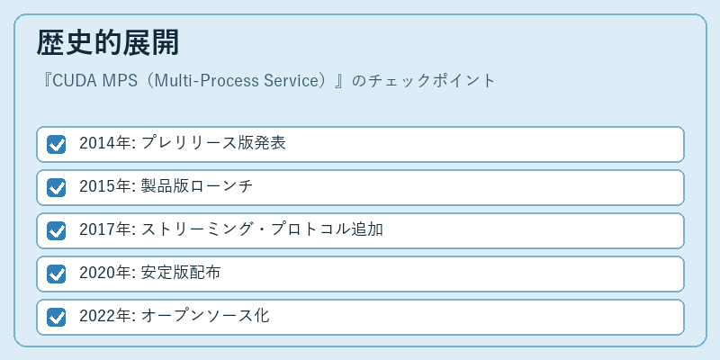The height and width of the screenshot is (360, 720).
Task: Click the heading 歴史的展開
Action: pyautogui.click(x=107, y=43)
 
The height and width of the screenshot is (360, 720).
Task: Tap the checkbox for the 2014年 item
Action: pyautogui.click(x=56, y=144)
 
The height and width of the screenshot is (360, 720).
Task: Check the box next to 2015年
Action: pyautogui.click(x=56, y=187)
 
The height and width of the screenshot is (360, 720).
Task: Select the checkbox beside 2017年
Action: pyautogui.click(x=56, y=230)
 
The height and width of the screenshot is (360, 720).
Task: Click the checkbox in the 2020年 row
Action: pyautogui.click(x=56, y=274)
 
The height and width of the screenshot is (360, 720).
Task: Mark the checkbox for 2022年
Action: pyautogui.click(x=56, y=317)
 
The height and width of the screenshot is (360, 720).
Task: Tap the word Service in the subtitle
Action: pyautogui.click(x=291, y=81)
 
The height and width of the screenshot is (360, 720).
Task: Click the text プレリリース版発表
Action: pyautogui.click(x=213, y=143)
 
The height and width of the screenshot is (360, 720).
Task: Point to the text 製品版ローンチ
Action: pyautogui.click(x=197, y=186)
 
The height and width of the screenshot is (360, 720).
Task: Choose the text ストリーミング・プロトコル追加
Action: pyautogui.click(x=262, y=229)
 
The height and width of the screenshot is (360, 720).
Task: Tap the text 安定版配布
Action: pyautogui.click(x=181, y=273)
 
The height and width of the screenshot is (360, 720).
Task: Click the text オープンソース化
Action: pyautogui.click(x=205, y=316)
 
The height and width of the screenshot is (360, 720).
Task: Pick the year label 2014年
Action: pyautogui.click(x=105, y=143)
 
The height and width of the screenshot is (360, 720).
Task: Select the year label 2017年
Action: pyautogui.click(x=105, y=229)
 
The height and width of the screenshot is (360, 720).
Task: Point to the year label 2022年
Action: pyautogui.click(x=105, y=316)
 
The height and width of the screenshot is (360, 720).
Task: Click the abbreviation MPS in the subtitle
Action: pyautogui.click(x=118, y=81)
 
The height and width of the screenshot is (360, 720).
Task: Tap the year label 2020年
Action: pyautogui.click(x=105, y=273)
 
